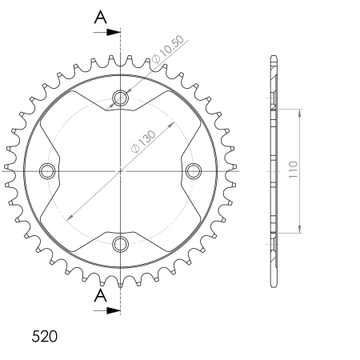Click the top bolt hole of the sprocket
120,98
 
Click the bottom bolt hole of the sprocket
120,244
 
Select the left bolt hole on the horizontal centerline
47,171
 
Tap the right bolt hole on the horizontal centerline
194,171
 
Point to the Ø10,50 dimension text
168,50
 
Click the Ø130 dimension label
143,142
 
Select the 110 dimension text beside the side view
293,170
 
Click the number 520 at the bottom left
45,336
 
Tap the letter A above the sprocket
101,17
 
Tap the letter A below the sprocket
101,295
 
